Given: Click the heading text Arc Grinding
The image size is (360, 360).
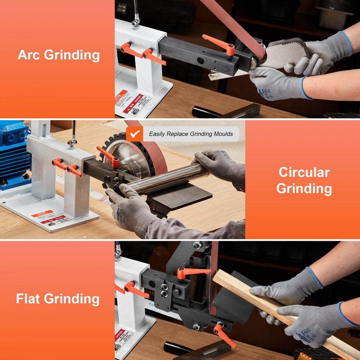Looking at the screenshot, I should [58, 55].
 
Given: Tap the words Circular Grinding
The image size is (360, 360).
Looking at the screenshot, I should [304, 180].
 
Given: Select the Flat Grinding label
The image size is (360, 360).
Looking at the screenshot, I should [58, 299].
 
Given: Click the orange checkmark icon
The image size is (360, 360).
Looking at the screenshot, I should [135, 134].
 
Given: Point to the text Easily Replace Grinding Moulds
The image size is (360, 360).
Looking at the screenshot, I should [191, 134].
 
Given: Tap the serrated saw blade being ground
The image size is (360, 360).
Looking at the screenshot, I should [284, 54].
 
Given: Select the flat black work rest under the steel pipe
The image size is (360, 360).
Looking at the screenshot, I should [180, 196].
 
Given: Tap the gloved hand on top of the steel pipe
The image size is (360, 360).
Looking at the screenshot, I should [214, 160].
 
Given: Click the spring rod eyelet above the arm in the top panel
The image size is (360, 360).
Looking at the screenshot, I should [135, 23].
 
